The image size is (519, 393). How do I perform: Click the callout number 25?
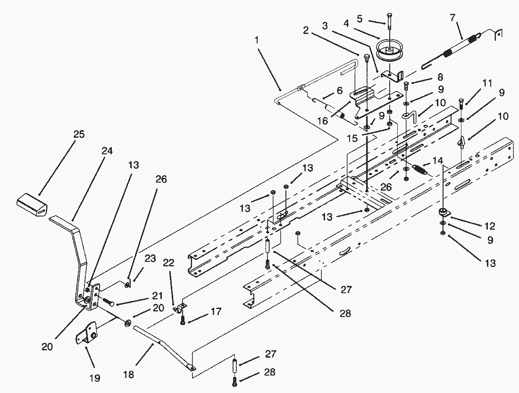79,134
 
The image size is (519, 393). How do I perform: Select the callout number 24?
108,151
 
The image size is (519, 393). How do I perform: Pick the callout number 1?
257,40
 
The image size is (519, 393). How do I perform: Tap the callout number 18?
128,375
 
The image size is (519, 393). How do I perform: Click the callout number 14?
438,160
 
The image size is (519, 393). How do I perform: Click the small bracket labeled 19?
87,333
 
